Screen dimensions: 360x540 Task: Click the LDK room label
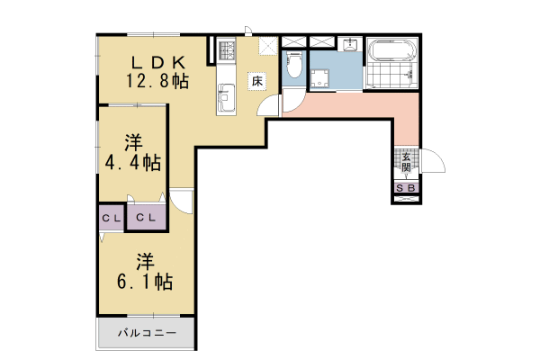158,62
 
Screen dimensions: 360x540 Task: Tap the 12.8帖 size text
157,81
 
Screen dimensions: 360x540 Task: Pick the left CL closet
111,218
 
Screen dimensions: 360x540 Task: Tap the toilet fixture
293,66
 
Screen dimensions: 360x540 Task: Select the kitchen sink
226,92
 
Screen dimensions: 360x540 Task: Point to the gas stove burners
226,50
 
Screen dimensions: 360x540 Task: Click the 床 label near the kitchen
256,81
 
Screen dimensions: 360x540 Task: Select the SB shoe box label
406,188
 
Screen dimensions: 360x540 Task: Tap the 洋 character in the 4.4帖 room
133,142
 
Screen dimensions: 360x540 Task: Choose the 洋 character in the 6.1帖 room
145,261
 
